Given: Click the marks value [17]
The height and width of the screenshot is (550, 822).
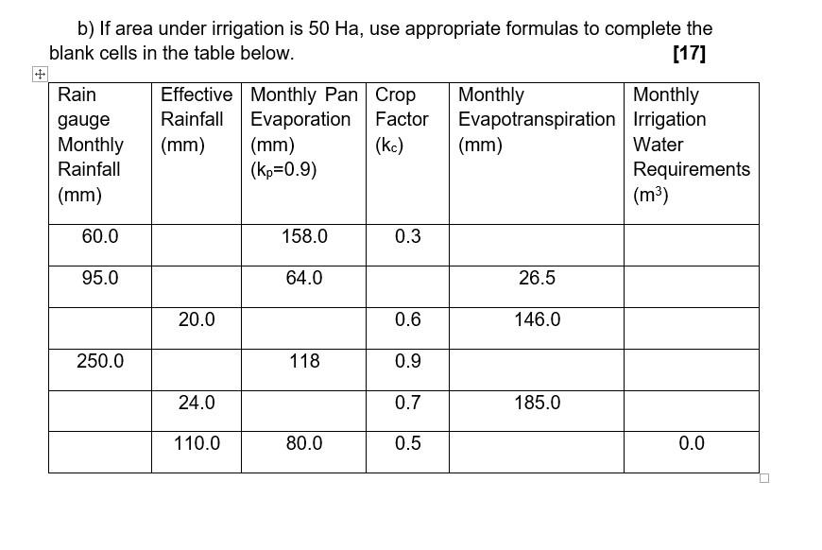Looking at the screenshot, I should tap(689, 53).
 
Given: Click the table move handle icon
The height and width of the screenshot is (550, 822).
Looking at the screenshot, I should tap(39, 74).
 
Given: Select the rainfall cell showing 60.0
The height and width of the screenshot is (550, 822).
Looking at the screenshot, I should tap(100, 236).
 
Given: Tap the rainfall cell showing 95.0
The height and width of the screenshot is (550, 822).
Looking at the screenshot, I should tap(100, 278).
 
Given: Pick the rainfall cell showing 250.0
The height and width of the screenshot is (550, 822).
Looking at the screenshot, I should tap(100, 361).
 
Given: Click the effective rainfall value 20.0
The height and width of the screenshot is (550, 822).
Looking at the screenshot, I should tap(197, 319).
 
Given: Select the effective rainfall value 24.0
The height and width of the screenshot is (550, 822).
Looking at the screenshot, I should tap(197, 403).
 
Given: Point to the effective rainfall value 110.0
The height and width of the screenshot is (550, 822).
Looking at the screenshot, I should tap(197, 443).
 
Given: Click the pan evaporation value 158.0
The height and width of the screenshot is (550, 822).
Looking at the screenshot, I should tap(304, 236).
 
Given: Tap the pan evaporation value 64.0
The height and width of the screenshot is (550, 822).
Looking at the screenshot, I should tap(304, 278).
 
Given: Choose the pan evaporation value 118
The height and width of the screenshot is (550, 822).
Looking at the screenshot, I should tap(304, 361).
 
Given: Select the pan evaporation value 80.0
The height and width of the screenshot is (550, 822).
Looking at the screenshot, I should tap(304, 443).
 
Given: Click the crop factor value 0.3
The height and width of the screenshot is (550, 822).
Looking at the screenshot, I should tap(408, 236).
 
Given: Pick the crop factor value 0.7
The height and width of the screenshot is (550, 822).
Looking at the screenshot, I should tap(408, 403).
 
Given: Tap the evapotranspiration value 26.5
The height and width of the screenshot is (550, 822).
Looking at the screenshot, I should tap(537, 278).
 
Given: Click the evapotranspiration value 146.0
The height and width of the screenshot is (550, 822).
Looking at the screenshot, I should tap(537, 319).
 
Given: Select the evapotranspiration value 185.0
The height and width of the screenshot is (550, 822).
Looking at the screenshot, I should tap(537, 403).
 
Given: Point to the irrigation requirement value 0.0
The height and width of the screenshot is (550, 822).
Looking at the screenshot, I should tap(692, 443).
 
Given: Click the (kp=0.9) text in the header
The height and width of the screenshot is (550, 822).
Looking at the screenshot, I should tap(283, 170).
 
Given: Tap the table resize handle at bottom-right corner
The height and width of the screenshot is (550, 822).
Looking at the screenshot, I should tap(764, 477).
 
